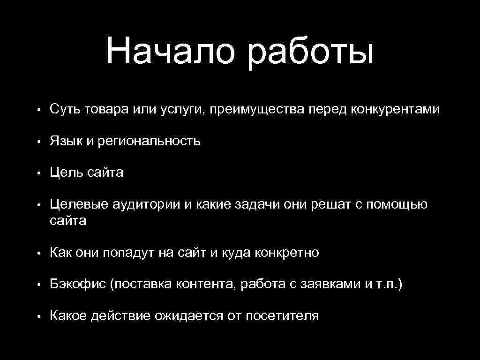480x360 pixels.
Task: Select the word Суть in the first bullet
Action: [65, 109]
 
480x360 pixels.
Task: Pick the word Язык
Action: [66, 141]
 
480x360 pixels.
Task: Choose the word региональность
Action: [149, 142]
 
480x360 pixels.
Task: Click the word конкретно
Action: [286, 253]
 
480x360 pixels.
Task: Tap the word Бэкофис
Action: [77, 285]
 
